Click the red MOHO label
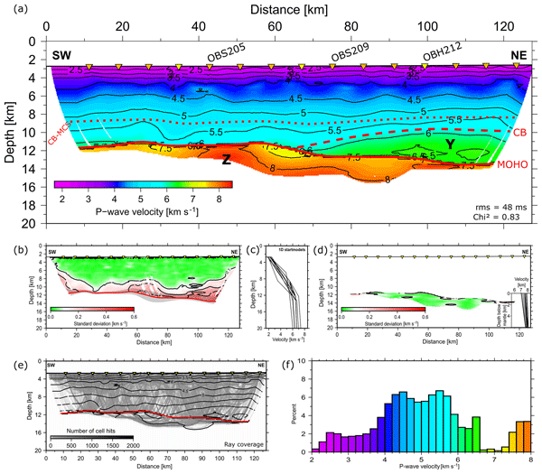513,165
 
